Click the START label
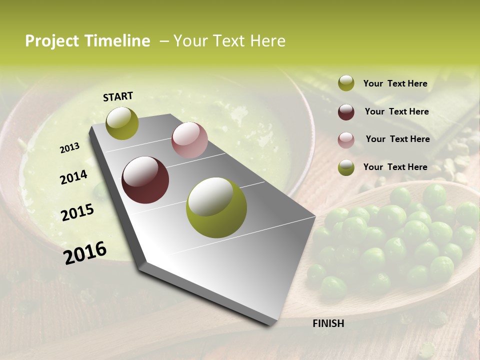click(x=118, y=96)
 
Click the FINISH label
click(x=328, y=323)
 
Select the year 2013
click(x=69, y=148)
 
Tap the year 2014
click(x=73, y=177)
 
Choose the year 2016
click(x=85, y=253)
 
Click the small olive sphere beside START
click(x=122, y=123)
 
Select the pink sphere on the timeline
click(x=189, y=140)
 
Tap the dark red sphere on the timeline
click(x=145, y=180)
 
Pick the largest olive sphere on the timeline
click(x=216, y=207)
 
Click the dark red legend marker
click(x=346, y=112)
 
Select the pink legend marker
click(x=346, y=140)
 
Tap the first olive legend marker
click(x=346, y=83)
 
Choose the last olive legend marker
click(x=346, y=167)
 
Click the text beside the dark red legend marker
click(x=396, y=111)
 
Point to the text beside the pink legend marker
click(x=397, y=139)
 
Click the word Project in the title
click(x=52, y=41)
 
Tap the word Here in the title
click(x=267, y=41)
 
